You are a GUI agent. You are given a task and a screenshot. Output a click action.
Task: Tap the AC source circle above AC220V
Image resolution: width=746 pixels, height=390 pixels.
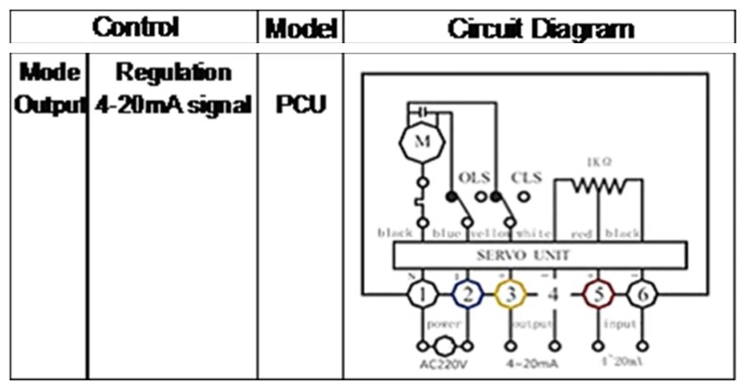447,343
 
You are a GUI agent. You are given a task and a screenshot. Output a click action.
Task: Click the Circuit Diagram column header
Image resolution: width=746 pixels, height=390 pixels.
540,29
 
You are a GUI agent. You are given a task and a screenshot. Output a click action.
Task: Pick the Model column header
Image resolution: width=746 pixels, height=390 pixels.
301,29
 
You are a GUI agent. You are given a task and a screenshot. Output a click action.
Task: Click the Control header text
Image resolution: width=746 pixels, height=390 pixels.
135,28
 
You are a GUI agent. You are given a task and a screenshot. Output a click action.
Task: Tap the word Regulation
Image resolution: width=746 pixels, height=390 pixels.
174,72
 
